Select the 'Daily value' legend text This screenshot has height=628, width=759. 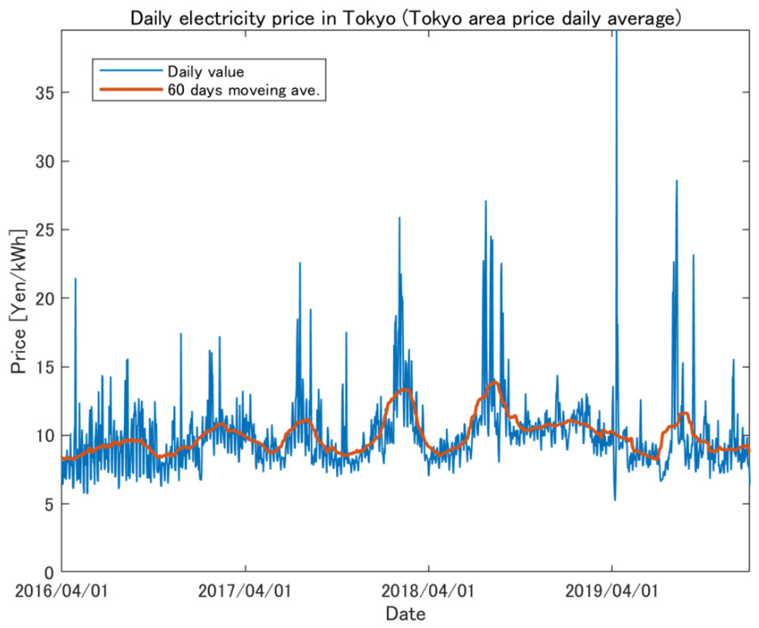coord(206,72)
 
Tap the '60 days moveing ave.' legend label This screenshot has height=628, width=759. coord(244,90)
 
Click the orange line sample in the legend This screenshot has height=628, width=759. coord(131,89)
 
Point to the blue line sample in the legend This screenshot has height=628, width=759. coord(131,70)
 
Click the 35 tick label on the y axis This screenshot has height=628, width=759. coord(45,93)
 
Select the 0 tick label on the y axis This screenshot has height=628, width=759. coord(49,573)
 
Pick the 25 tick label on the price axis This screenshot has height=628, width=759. coord(45,230)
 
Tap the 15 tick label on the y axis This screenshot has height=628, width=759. coord(45,367)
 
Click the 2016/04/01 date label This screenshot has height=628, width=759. coord(61,591)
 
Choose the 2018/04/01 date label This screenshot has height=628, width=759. coord(428,591)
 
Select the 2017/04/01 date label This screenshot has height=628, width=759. coord(245,591)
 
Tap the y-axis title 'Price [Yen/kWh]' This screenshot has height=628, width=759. coord(18,302)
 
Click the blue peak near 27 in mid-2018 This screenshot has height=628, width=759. coord(486,201)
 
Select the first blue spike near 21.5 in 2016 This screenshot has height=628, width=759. coord(76,279)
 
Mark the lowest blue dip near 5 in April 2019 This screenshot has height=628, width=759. coord(615,500)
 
